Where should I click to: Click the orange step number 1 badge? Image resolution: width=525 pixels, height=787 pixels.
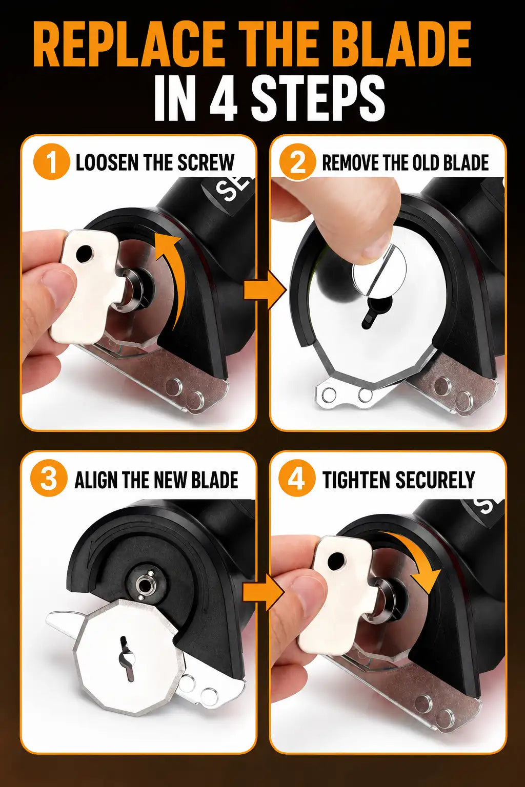point(52,162)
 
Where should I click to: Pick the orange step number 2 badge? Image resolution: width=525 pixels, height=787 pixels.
point(297,162)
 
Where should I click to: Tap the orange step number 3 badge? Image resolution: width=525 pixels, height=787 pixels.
point(49,479)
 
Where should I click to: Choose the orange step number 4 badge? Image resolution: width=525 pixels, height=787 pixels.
point(296,479)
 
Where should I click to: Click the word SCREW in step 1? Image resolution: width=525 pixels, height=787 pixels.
point(206,162)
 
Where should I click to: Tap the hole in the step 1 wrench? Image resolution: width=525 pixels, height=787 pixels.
point(84,254)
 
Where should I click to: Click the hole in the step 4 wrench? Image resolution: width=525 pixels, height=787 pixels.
point(336,559)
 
